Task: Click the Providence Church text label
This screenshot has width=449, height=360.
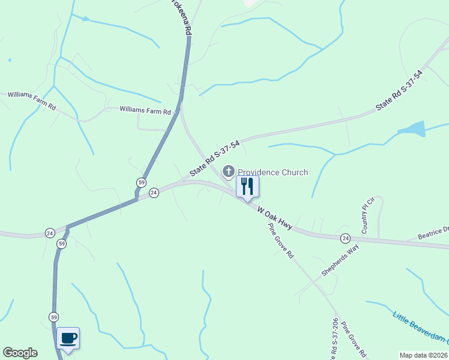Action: pos(273,172)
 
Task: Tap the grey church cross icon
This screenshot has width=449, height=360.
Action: pos(228,172)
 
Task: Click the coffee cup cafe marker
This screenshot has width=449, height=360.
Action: pos(68,338)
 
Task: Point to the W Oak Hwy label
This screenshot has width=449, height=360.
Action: pos(274,218)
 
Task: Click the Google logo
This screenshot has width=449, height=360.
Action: pos(20,353)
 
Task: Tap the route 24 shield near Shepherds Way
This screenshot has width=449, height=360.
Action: pos(345,238)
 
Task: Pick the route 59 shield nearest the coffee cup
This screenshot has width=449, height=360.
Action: pos(54,317)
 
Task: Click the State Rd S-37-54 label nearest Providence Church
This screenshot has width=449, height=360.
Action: pos(215,159)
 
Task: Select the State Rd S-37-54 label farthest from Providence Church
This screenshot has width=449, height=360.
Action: pos(399,90)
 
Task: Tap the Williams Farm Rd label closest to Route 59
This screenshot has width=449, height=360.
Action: pos(145,110)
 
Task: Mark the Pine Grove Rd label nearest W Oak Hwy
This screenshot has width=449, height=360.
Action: pos(280,242)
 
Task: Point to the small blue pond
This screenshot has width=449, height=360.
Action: pos(412,129)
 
